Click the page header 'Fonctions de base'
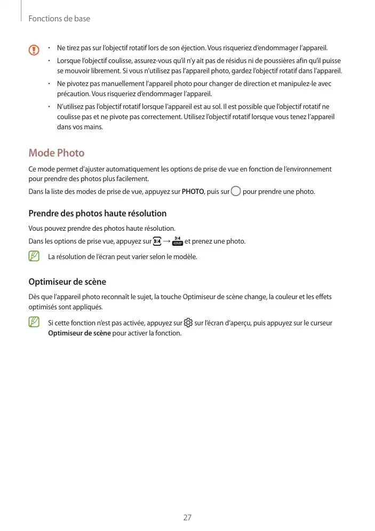pyautogui.click(x=59, y=19)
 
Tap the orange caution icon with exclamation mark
pyautogui.click(x=35, y=50)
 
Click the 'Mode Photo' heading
pyautogui.click(x=56, y=153)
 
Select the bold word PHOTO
pyautogui.click(x=192, y=191)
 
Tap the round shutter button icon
pyautogui.click(x=236, y=191)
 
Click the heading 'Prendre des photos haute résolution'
pyautogui.click(x=97, y=213)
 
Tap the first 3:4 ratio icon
pyautogui.click(x=157, y=241)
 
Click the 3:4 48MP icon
pyautogui.click(x=178, y=241)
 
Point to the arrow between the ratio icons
pyautogui.click(x=167, y=241)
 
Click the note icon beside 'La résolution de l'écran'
pyautogui.click(x=35, y=256)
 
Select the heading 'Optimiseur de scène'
pyautogui.click(x=67, y=282)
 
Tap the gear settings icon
pyautogui.click(x=188, y=323)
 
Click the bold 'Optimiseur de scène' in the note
pyautogui.click(x=79, y=333)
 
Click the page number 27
pyautogui.click(x=187, y=517)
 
